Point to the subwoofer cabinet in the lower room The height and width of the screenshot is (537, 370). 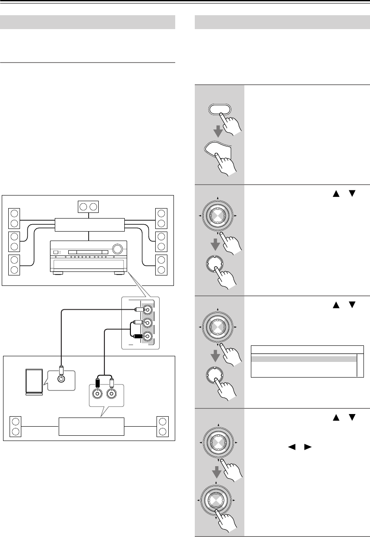[x=34, y=381]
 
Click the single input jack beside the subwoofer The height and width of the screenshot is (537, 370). [x=61, y=378]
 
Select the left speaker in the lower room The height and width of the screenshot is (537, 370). [x=16, y=426]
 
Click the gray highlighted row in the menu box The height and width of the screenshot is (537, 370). [x=303, y=359]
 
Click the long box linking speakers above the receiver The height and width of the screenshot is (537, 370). [x=90, y=224]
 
